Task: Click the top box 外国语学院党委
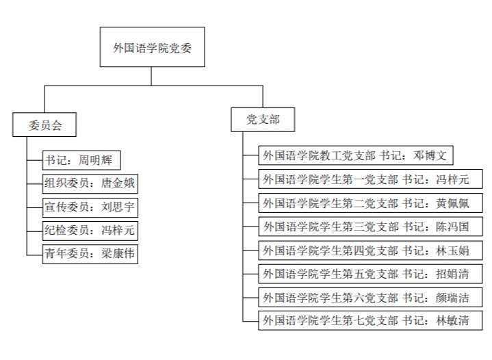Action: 152,47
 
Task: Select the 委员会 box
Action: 44,125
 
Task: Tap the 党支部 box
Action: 263,120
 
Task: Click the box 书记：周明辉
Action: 81,160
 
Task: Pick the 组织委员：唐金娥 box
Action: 90,183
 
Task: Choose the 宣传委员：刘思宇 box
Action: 90,207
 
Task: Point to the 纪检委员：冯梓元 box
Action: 90,231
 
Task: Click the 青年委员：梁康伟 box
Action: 90,254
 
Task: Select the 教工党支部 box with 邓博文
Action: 356,155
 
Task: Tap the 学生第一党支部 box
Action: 370,179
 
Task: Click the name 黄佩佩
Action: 452,203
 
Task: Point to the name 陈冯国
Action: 452,227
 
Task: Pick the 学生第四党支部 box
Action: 370,250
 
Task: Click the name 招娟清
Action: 452,274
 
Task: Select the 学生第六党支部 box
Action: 370,297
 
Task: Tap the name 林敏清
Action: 452,320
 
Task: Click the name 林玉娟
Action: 452,250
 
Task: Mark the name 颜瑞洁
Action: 452,298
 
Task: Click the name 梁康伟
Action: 118,254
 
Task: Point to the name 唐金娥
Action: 118,183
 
